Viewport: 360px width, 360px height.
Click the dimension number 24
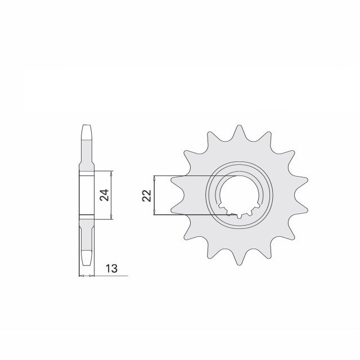point(105,195)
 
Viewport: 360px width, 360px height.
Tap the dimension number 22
point(147,196)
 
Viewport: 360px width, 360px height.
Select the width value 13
point(111,268)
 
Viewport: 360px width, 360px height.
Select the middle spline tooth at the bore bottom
point(240,216)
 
